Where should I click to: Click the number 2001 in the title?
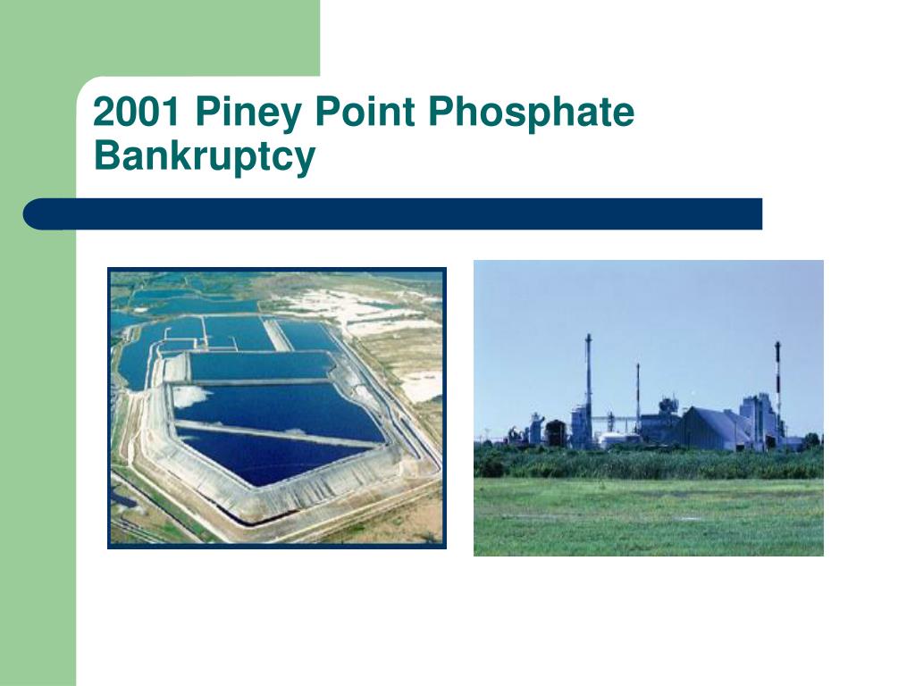pyautogui.click(x=136, y=112)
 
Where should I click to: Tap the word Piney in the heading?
pyautogui.click(x=248, y=113)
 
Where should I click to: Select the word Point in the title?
pyautogui.click(x=365, y=112)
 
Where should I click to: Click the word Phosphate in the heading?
pyautogui.click(x=531, y=113)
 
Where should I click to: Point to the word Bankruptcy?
pyautogui.click(x=205, y=157)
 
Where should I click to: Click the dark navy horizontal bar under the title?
pyautogui.click(x=392, y=214)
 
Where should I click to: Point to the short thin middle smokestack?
pyautogui.click(x=638, y=397)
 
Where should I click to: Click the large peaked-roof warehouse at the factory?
pyautogui.click(x=712, y=428)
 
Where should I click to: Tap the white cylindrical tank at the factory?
pyautogui.click(x=613, y=440)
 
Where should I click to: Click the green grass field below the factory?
pyautogui.click(x=649, y=516)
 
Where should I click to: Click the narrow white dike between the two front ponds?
pyautogui.click(x=274, y=433)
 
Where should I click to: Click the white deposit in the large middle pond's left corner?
pyautogui.click(x=189, y=396)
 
